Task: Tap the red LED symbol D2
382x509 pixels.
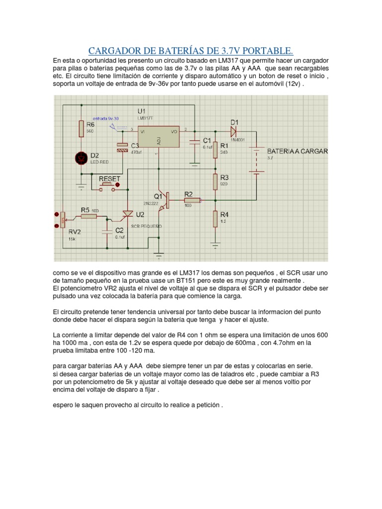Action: (80, 158)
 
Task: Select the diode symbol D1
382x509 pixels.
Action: (233, 131)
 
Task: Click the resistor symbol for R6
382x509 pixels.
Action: (81, 129)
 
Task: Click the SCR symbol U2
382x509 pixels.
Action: (128, 214)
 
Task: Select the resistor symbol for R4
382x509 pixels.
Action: (215, 218)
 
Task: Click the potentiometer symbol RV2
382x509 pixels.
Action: (62, 218)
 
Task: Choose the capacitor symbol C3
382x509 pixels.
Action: (122, 147)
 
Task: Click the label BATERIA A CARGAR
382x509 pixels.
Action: (297, 151)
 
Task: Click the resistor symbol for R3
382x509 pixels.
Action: (215, 182)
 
